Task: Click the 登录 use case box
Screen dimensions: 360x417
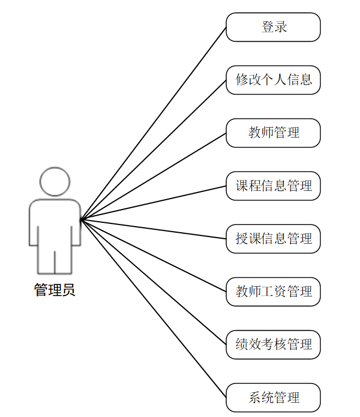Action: pyautogui.click(x=273, y=27)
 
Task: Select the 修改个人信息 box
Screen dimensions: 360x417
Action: pyautogui.click(x=273, y=80)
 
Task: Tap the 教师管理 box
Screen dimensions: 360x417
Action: pyautogui.click(x=273, y=133)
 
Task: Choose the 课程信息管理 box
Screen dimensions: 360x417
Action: pyautogui.click(x=273, y=186)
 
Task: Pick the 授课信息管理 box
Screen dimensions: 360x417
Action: pyautogui.click(x=273, y=239)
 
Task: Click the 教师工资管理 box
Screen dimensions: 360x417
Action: pyautogui.click(x=273, y=292)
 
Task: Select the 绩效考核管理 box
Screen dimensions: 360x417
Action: pyautogui.click(x=273, y=344)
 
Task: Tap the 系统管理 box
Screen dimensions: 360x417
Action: pyautogui.click(x=273, y=397)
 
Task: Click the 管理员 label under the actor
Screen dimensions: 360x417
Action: pyautogui.click(x=54, y=290)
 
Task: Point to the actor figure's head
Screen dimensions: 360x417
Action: pyautogui.click(x=55, y=181)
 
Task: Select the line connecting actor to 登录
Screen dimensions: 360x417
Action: pyautogui.click(x=154, y=123)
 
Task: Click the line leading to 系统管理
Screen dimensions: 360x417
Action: pyautogui.click(x=154, y=309)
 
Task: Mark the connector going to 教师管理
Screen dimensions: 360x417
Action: pyautogui.click(x=154, y=176)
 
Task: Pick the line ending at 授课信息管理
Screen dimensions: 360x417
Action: pyautogui.click(x=154, y=229)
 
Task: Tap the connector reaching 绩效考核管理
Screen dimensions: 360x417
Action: pyautogui.click(x=154, y=282)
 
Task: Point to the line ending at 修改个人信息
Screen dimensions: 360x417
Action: pyautogui.click(x=154, y=150)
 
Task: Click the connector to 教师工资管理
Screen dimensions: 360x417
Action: pyautogui.click(x=154, y=256)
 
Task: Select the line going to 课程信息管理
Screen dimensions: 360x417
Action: pyautogui.click(x=154, y=203)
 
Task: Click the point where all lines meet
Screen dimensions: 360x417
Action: pyautogui.click(x=81, y=220)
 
